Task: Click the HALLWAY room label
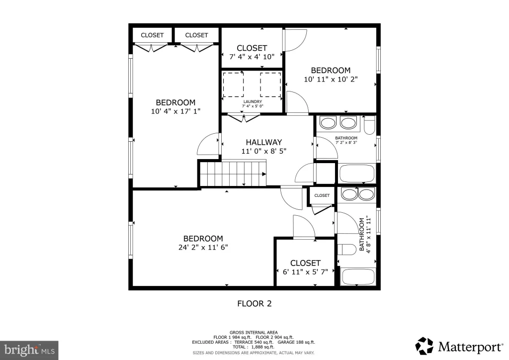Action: click(263, 142)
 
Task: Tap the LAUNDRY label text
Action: click(253, 101)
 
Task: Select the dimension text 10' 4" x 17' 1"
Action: click(175, 111)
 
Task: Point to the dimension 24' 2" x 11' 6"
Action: click(203, 247)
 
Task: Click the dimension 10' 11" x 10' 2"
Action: click(331, 79)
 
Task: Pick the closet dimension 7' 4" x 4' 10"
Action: click(252, 57)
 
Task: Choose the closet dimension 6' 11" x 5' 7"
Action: click(306, 271)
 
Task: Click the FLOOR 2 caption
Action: click(254, 303)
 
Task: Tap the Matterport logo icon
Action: click(424, 346)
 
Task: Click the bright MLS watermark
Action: click(29, 350)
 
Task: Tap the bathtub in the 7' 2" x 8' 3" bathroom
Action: click(357, 174)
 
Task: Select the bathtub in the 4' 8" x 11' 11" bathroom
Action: click(358, 277)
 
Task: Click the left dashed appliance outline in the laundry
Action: click(233, 85)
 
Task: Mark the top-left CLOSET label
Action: click(152, 35)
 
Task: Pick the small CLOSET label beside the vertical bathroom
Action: click(322, 195)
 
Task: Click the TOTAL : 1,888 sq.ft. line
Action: click(253, 347)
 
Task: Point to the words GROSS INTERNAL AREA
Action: click(254, 333)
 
